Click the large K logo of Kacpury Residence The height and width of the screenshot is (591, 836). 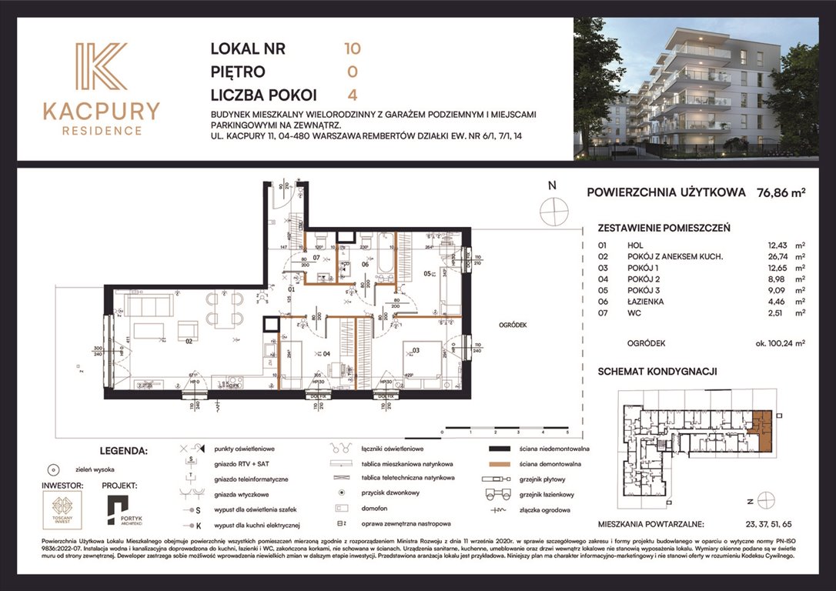click(x=101, y=68)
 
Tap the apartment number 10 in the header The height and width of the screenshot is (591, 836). click(x=353, y=48)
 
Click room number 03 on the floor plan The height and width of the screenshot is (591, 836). click(x=417, y=351)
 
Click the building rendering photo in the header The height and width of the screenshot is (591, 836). click(x=696, y=88)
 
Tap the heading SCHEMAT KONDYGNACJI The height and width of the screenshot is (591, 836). click(x=657, y=371)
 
